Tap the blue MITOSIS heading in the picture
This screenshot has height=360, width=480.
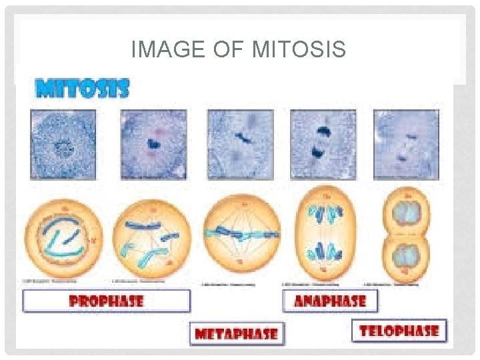[83, 89]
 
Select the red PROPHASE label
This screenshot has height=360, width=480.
[106, 301]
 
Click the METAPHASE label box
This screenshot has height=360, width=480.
[237, 333]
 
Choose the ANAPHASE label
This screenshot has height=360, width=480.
[329, 301]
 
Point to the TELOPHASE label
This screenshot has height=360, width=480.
[399, 330]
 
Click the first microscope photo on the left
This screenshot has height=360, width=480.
[63, 144]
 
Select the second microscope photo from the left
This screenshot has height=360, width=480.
[153, 144]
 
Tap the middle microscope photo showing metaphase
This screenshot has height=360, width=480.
[240, 144]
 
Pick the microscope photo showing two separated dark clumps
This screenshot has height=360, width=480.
[323, 144]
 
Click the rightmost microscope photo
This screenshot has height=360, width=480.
[407, 144]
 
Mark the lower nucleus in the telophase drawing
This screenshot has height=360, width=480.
[405, 255]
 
